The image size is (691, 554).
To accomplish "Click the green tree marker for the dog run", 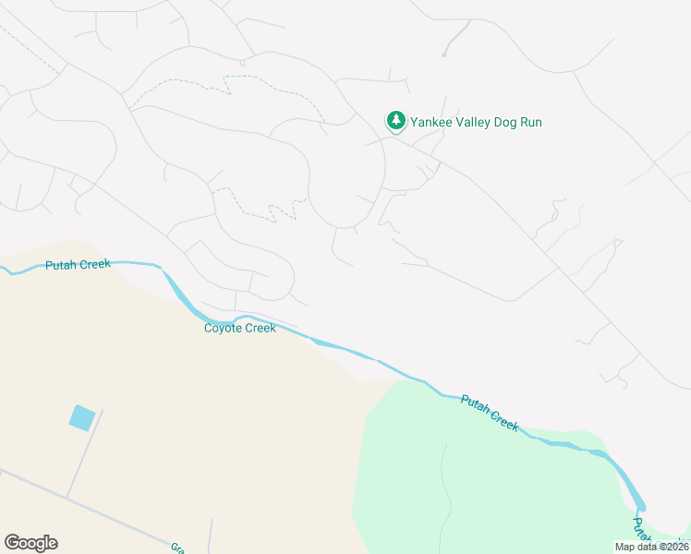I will click(x=395, y=121).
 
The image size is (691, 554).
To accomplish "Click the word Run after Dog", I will click(x=530, y=122).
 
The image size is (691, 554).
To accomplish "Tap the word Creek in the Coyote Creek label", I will click(x=260, y=328).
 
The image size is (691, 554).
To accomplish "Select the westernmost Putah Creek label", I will click(x=78, y=265).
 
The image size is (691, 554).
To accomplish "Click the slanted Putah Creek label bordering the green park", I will click(x=490, y=413).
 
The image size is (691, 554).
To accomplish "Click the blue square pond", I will click(x=82, y=417).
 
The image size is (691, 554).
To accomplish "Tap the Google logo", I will click(x=30, y=543).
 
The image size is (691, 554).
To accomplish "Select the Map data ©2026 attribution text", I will click(x=651, y=547).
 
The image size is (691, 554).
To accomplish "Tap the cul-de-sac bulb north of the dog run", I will click(x=444, y=54).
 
